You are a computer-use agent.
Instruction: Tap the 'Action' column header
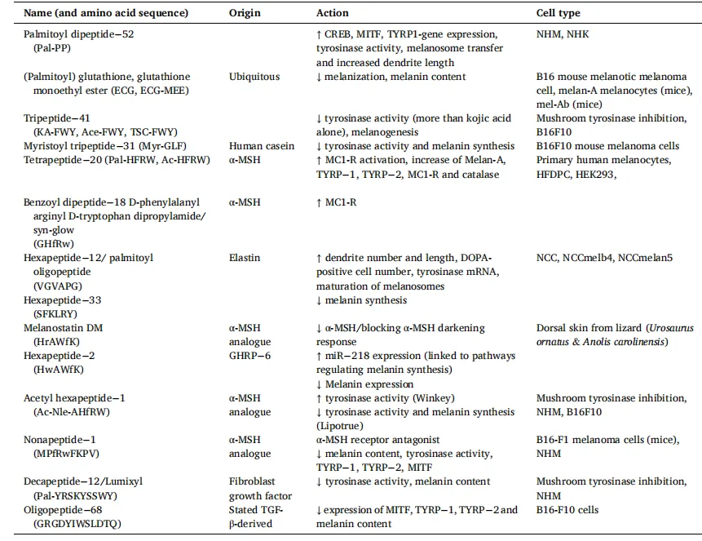(x=333, y=13)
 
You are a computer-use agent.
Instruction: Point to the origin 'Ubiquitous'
(x=254, y=77)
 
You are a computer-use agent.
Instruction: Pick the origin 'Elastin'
(x=245, y=258)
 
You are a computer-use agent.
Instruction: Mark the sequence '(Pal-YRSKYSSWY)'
(x=68, y=496)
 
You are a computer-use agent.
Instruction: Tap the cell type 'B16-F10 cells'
(x=567, y=510)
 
